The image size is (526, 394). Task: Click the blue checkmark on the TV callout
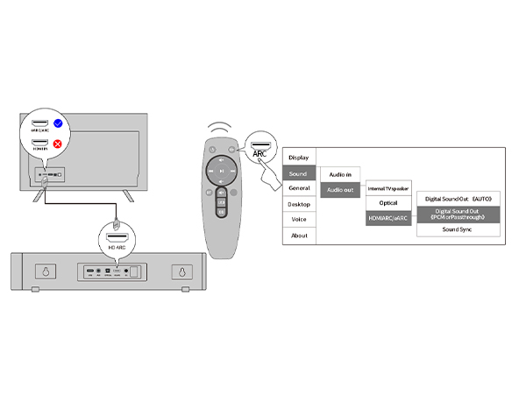pyautogui.click(x=57, y=124)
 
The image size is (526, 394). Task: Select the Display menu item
pyautogui.click(x=299, y=158)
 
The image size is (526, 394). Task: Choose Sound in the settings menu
pyautogui.click(x=299, y=173)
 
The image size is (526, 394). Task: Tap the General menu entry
pyautogui.click(x=299, y=188)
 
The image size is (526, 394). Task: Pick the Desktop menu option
pyautogui.click(x=299, y=204)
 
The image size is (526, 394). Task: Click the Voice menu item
pyautogui.click(x=299, y=220)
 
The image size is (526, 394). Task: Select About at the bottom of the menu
pyautogui.click(x=299, y=236)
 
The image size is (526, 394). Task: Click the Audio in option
pyautogui.click(x=340, y=175)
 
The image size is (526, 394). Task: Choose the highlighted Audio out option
pyautogui.click(x=340, y=189)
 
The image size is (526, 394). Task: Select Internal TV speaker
pyautogui.click(x=388, y=188)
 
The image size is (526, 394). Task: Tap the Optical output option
pyautogui.click(x=388, y=203)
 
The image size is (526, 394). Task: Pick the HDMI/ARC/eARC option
pyautogui.click(x=388, y=218)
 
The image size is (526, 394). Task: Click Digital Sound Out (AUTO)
pyautogui.click(x=458, y=200)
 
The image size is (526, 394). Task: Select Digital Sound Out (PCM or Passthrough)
pyautogui.click(x=458, y=215)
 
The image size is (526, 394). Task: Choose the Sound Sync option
pyautogui.click(x=458, y=229)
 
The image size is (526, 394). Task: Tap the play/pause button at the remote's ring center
pyautogui.click(x=223, y=170)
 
